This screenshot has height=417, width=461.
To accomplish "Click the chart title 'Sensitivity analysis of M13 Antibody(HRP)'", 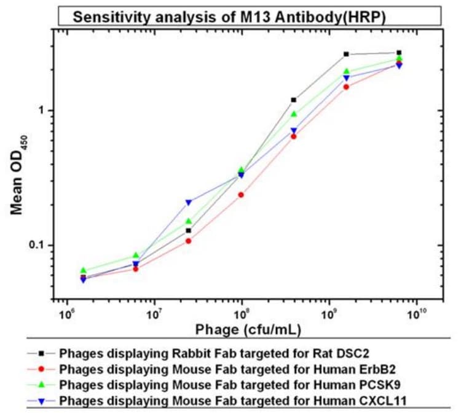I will [x=229, y=16].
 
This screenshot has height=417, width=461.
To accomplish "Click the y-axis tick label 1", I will [x=42, y=111].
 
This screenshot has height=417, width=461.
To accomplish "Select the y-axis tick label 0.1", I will [x=39, y=245].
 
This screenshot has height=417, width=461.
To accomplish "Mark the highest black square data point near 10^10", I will [x=399, y=53].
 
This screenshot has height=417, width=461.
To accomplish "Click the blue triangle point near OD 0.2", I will [x=189, y=202].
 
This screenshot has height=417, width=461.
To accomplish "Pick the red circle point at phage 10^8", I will [x=241, y=195].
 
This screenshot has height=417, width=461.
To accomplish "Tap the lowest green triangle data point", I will [x=84, y=270].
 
